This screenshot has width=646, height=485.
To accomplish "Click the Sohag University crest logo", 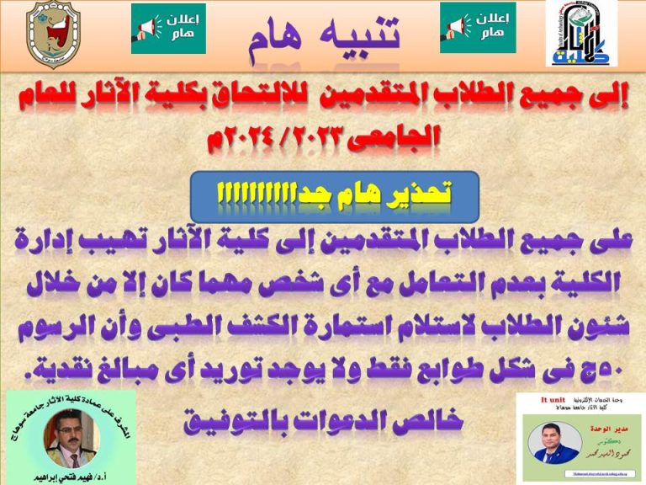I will tap(56, 35).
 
